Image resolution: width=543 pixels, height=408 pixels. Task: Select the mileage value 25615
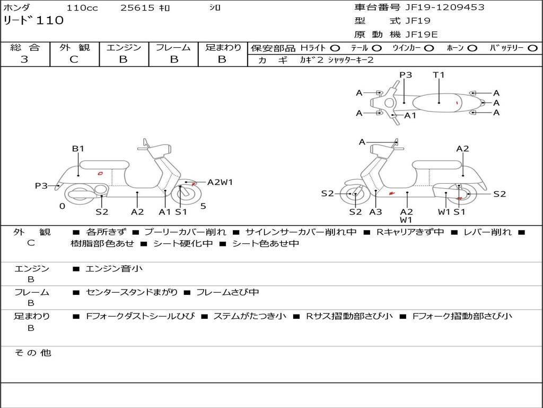coord(137,8)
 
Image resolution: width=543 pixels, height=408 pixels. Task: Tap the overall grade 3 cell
coord(24,59)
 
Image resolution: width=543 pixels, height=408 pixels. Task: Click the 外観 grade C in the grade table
coord(74,59)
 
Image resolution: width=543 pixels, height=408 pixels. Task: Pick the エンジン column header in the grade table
coord(124,48)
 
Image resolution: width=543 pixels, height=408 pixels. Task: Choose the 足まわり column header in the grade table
coord(223,48)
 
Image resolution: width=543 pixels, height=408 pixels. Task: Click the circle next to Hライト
coord(335,48)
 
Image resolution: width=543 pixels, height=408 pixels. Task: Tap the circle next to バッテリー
coord(532,48)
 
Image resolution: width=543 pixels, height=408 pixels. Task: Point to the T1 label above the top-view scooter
coord(439,75)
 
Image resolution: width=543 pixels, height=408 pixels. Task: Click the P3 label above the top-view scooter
coord(406,75)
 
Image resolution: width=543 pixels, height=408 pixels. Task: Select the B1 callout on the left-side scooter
coord(78,149)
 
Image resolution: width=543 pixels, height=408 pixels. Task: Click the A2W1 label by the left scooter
coord(220,182)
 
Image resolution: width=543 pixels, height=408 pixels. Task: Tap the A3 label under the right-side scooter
coord(375,212)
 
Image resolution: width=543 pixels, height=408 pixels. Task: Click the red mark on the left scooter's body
coord(100,173)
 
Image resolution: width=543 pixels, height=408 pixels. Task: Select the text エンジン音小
coord(114,269)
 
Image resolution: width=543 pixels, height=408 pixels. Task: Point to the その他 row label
coord(32,353)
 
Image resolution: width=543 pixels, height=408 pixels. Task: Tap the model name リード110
coord(33,21)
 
